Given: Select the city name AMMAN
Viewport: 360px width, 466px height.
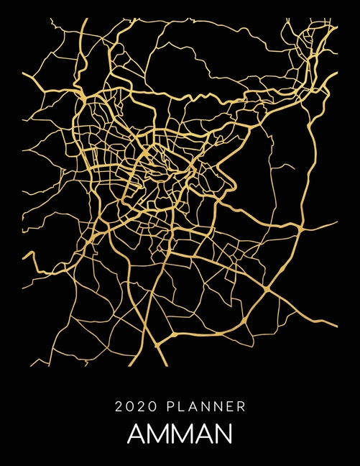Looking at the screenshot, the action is pyautogui.click(x=180, y=435).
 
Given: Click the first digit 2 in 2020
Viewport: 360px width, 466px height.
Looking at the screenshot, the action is pyautogui.click(x=119, y=407).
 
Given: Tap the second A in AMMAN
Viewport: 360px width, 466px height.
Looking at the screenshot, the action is pyautogui.click(x=209, y=435).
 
